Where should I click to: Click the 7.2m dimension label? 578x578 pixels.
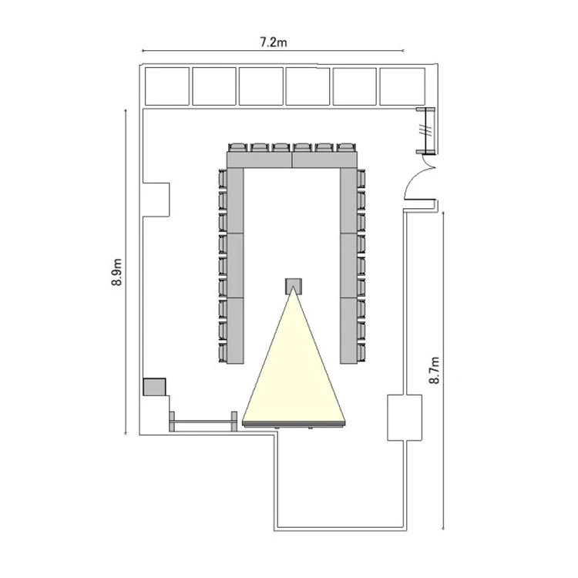273,42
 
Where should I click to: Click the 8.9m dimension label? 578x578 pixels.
116,272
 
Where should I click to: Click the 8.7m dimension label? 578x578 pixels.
435,370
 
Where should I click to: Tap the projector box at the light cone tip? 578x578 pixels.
294,286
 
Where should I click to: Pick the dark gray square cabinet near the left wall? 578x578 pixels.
154,387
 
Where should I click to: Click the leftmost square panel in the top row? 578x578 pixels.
167,86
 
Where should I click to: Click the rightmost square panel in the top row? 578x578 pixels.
402,86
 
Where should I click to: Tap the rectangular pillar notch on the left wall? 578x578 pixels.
156,200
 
